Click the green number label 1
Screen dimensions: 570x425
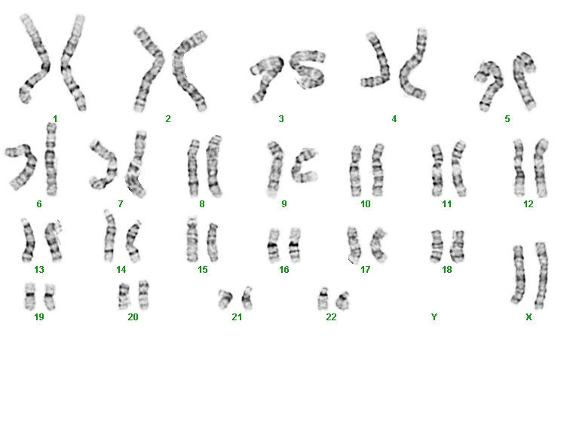55,119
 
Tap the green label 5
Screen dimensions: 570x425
507,119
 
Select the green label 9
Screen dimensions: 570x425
284,204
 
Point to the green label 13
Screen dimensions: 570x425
39,270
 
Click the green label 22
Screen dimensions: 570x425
331,317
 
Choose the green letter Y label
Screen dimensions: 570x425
434,317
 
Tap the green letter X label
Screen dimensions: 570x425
529,317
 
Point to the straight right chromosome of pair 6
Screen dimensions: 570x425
51,160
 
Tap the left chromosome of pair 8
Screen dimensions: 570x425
193,168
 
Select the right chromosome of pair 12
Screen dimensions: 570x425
540,168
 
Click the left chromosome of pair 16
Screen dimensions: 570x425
274,245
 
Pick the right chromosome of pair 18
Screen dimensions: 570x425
458,246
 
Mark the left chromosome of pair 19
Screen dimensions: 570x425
30,295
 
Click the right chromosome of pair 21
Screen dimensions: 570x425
247,298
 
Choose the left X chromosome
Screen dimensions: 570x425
519,274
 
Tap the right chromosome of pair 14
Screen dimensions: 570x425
132,241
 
